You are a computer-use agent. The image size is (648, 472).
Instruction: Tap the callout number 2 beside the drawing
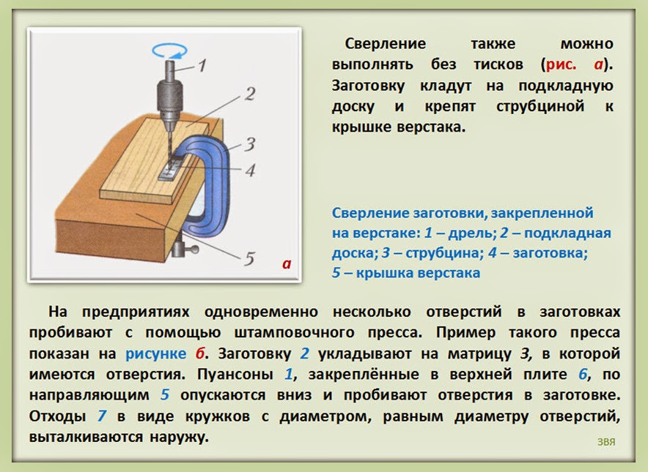[x=249, y=94]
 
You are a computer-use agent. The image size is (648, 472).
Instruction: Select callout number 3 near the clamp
[x=249, y=143]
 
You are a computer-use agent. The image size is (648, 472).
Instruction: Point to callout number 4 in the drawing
[x=249, y=171]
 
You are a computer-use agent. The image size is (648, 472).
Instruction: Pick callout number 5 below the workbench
[x=248, y=258]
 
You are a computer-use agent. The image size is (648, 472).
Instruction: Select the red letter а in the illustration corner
[x=287, y=263]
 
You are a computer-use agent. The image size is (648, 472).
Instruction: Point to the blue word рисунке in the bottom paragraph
[x=155, y=353]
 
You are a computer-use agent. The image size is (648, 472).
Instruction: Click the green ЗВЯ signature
[x=605, y=442]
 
